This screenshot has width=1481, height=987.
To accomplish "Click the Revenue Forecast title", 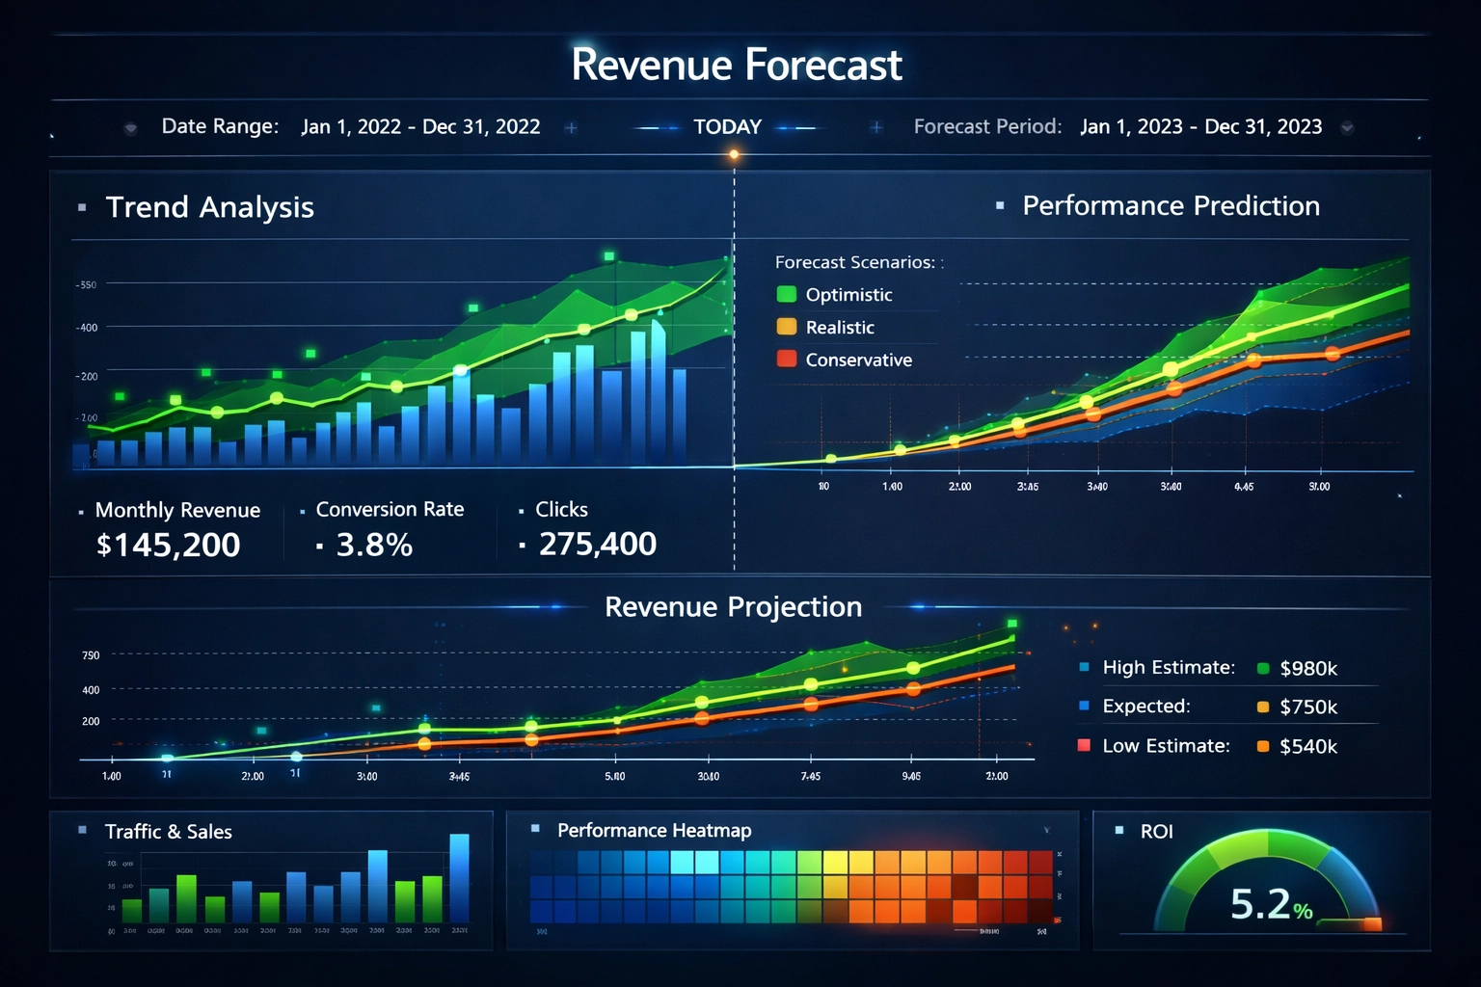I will [737, 66].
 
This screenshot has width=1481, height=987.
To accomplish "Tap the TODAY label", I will [727, 127].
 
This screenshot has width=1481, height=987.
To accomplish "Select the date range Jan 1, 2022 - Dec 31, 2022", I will [420, 127].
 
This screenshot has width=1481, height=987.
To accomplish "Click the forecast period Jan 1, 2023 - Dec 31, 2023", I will [1200, 127].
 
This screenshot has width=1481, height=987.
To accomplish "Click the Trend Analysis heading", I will [209, 207].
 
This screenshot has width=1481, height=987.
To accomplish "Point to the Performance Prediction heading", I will [1171, 206].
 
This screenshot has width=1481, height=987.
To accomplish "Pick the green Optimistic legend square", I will [787, 294].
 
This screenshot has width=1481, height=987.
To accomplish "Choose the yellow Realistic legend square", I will [787, 327].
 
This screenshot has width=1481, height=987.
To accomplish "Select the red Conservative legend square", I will [787, 360].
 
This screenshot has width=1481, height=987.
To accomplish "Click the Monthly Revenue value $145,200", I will [169, 546].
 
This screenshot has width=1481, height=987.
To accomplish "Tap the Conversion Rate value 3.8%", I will [374, 546].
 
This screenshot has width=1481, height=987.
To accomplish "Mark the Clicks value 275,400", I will [597, 545].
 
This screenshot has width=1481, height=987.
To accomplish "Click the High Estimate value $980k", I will [1308, 669].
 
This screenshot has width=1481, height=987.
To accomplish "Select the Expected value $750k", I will [1308, 707].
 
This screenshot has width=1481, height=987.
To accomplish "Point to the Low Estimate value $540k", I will [1308, 747].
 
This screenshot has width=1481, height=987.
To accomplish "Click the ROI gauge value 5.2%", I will [1271, 905].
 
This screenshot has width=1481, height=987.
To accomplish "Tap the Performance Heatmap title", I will [654, 831].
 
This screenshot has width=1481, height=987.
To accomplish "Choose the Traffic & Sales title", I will [169, 832].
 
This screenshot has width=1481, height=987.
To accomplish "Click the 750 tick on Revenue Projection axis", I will [91, 655].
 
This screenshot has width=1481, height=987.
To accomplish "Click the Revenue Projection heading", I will [733, 607].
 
